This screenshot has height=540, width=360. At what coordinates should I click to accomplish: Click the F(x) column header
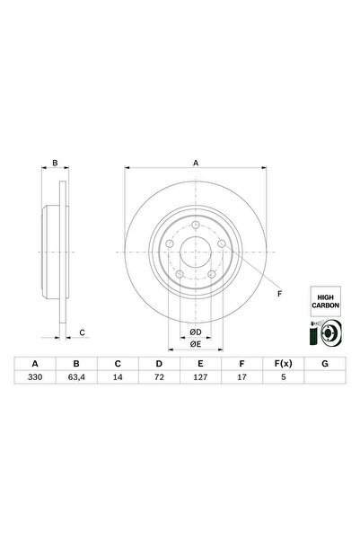tap(282, 364)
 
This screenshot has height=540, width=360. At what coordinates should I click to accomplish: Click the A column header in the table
tap(35, 364)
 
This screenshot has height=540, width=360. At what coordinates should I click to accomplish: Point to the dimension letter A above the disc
tap(196, 163)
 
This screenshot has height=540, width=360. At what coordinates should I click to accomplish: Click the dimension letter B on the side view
tap(55, 164)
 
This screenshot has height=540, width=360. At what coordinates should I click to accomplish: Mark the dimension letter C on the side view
tap(82, 333)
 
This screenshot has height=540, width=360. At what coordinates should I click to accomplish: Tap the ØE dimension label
tap(195, 343)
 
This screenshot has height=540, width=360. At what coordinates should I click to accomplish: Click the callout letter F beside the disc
tap(279, 294)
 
